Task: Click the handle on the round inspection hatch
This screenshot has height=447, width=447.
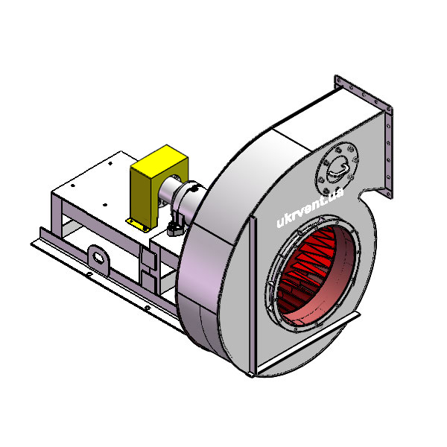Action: point(339,170)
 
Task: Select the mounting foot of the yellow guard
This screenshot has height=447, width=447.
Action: point(139,225)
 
